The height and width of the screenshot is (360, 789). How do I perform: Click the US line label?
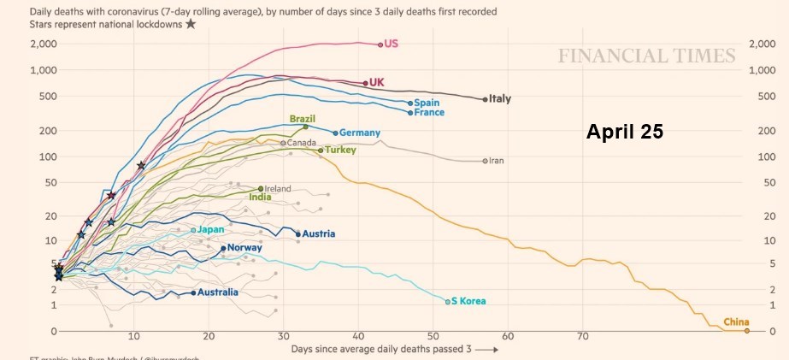pyautogui.click(x=392, y=44)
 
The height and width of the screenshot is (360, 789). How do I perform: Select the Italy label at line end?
pyautogui.click(x=500, y=99)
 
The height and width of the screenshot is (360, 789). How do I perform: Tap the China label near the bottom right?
pyautogui.click(x=736, y=322)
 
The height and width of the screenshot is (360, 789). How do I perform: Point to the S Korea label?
pyautogui.click(x=468, y=301)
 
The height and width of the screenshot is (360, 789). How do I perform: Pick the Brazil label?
pyautogui.click(x=303, y=119)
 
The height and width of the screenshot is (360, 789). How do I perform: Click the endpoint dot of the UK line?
pyautogui.click(x=365, y=83)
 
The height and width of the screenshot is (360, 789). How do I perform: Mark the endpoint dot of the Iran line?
pyautogui.click(x=486, y=161)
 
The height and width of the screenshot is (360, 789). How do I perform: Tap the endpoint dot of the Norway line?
pyautogui.click(x=223, y=249)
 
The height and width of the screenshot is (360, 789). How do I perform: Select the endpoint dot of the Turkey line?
pyautogui.click(x=321, y=150)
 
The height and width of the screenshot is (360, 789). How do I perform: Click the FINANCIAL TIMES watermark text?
pyautogui.click(x=646, y=56)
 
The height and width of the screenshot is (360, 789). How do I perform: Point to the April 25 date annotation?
pyautogui.click(x=624, y=133)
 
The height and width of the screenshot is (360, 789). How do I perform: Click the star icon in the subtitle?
pyautogui.click(x=190, y=24)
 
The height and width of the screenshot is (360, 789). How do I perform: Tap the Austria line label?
pyautogui.click(x=319, y=234)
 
